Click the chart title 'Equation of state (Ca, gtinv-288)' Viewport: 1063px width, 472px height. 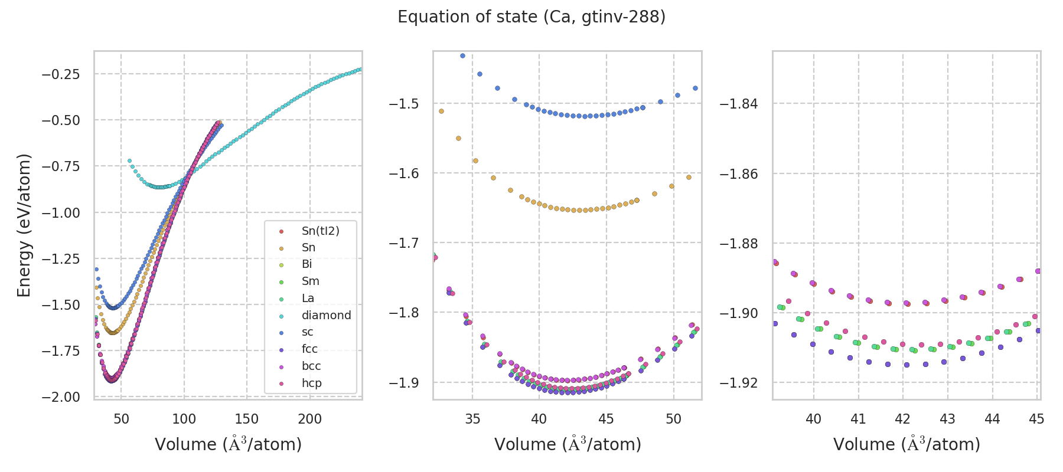pyautogui.click(x=531, y=17)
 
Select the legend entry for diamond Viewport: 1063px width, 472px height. pyautogui.click(x=326, y=315)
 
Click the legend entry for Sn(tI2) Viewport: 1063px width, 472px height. pyautogui.click(x=320, y=231)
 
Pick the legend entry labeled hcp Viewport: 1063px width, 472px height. pyautogui.click(x=311, y=383)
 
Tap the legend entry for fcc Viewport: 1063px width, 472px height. pyautogui.click(x=309, y=349)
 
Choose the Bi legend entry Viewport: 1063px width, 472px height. pyautogui.click(x=306, y=264)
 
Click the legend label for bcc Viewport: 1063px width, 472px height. pyautogui.click(x=311, y=366)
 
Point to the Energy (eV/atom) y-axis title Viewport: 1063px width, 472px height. pyautogui.click(x=24, y=225)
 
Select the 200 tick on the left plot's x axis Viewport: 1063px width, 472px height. pyautogui.click(x=309, y=419)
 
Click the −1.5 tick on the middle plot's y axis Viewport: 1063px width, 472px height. pyautogui.click(x=403, y=104)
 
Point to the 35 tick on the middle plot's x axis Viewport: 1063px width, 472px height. pyautogui.click(x=472, y=419)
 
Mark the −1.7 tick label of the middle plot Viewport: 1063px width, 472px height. pyautogui.click(x=403, y=243)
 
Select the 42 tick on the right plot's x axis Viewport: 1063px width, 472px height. pyautogui.click(x=902, y=419)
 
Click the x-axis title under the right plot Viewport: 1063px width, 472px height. pyautogui.click(x=907, y=444)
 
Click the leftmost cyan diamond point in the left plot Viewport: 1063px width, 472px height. pyautogui.click(x=129, y=160)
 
